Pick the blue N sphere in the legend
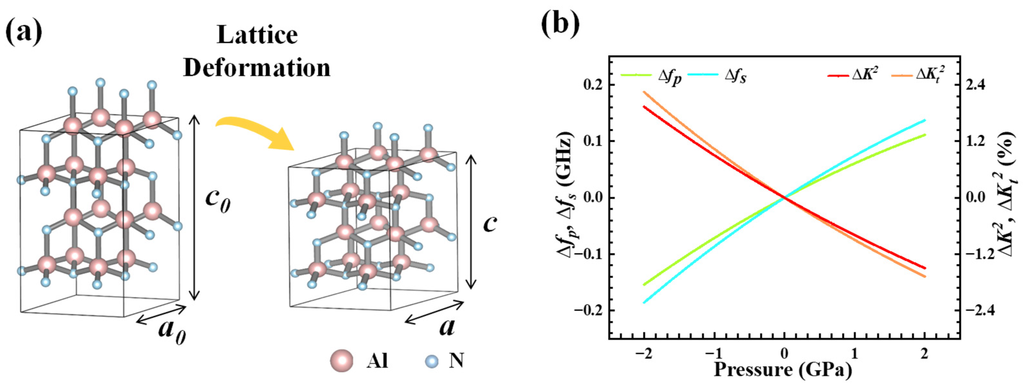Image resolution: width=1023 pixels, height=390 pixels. pyautogui.click(x=432, y=361)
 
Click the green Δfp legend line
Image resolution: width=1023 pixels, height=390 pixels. pyautogui.click(x=636, y=75)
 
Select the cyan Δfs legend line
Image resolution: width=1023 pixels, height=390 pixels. pyautogui.click(x=703, y=75)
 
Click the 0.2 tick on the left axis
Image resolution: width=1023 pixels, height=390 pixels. pyautogui.click(x=592, y=85)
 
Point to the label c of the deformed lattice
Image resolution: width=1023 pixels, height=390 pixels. pyautogui.click(x=490, y=224)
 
